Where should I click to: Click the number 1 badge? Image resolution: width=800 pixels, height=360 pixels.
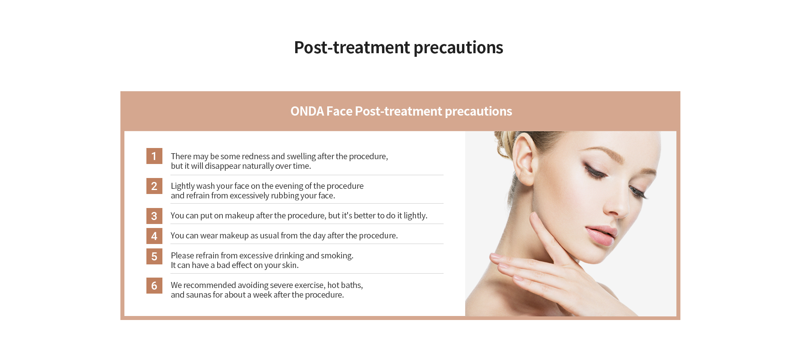tap(154, 156)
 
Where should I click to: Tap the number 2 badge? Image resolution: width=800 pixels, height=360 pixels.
tap(154, 186)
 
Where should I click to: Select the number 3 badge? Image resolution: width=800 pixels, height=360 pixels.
tap(154, 216)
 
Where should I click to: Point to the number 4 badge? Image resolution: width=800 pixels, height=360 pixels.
tap(154, 236)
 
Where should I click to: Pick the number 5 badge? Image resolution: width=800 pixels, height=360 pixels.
tap(154, 256)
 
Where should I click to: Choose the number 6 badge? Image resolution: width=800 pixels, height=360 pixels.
tap(154, 286)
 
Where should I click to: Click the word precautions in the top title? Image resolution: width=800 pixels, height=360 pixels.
tap(458, 48)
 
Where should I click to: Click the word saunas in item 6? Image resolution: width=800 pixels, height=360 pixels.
tap(198, 295)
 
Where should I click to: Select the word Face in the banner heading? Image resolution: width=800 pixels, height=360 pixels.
tap(339, 111)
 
